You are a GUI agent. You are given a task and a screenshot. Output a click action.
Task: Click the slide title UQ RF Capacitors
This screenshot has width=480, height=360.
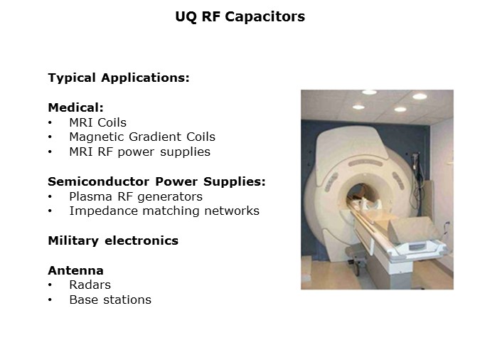click(240, 16)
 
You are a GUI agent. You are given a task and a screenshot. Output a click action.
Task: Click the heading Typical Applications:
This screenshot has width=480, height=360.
click(118, 78)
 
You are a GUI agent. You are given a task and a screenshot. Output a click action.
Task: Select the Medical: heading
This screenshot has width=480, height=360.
click(75, 107)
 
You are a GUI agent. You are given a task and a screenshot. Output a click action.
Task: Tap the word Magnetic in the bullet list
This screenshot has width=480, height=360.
click(96, 137)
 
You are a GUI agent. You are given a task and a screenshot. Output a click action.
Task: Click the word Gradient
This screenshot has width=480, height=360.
click(151, 137)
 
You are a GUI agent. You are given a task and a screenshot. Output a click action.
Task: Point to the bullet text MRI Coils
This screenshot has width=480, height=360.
click(97, 122)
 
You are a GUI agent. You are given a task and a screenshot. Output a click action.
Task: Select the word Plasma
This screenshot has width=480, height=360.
click(90, 196)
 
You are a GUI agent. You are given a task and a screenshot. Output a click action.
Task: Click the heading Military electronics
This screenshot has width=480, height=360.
click(112, 240)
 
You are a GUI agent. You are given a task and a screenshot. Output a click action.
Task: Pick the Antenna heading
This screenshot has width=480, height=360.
click(75, 270)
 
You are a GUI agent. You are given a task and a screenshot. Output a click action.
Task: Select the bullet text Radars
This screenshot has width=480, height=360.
click(90, 285)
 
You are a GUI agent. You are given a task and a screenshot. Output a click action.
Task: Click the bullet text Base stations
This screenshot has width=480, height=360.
click(110, 300)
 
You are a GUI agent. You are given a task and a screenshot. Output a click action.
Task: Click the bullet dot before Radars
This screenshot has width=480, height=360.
click(50, 285)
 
